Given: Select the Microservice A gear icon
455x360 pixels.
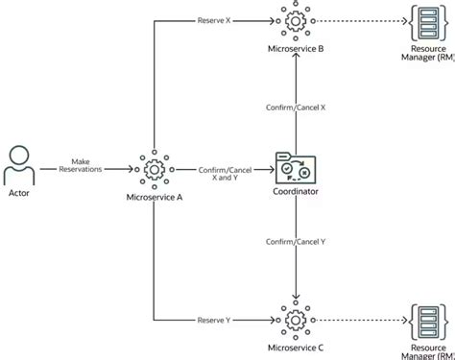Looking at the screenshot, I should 154,169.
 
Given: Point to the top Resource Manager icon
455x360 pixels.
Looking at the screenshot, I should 425,20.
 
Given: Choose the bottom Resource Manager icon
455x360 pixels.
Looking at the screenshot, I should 425,317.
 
